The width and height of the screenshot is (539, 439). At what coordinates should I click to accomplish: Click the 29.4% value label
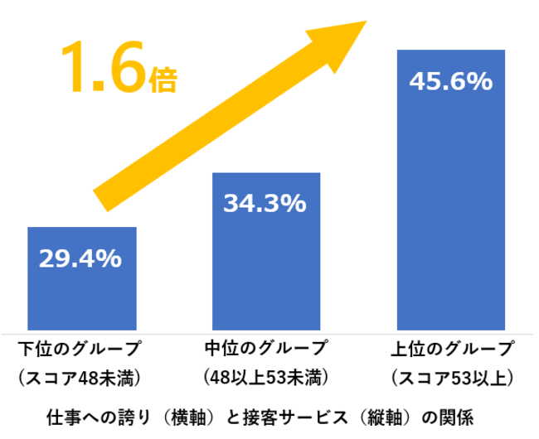(x=80, y=258)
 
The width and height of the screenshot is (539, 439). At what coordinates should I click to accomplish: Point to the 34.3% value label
(x=265, y=203)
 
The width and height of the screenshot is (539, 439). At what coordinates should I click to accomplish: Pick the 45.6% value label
(x=451, y=82)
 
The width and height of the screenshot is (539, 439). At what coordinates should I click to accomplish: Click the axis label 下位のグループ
(x=80, y=348)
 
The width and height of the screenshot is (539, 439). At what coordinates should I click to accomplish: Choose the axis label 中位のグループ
(x=265, y=348)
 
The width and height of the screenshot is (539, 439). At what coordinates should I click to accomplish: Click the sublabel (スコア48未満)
(x=80, y=377)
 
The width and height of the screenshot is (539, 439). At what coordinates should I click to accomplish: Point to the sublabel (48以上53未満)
(x=265, y=377)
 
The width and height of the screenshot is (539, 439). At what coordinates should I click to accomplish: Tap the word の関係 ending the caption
(x=451, y=413)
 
